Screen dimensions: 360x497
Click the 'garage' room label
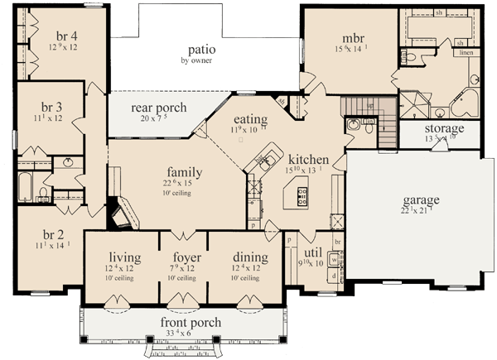tap(422, 199)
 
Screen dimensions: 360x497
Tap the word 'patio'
tap(201, 48)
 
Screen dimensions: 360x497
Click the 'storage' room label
tap(444, 128)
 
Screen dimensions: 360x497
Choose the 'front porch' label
tap(186, 322)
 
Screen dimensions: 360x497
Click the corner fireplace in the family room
tap(120, 214)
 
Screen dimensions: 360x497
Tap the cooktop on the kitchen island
tap(302, 197)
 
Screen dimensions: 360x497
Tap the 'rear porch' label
tap(159, 108)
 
